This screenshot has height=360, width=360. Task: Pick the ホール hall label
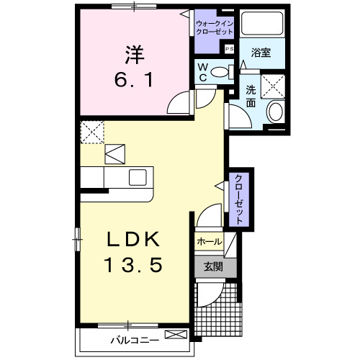[210, 242]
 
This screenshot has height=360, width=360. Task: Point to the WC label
[203, 72]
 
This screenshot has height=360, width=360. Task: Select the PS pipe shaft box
[229, 49]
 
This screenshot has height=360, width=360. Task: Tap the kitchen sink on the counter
[138, 176]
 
